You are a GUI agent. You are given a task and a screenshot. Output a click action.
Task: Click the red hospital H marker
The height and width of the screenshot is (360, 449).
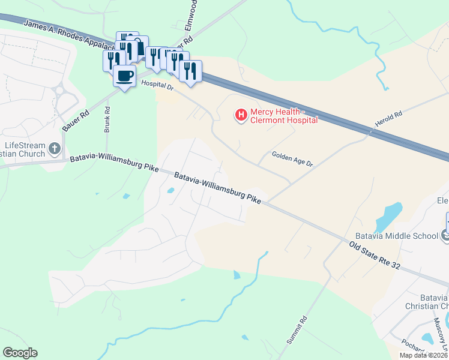241,114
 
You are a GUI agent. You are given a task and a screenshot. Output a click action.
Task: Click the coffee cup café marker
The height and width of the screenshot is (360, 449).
124,76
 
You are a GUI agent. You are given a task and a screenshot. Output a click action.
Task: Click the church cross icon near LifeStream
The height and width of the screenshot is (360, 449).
55,148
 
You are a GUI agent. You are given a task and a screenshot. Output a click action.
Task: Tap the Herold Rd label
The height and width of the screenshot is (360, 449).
388,117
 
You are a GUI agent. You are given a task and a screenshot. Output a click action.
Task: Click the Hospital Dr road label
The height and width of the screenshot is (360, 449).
157,86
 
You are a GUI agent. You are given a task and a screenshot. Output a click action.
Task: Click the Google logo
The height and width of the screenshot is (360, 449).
20,353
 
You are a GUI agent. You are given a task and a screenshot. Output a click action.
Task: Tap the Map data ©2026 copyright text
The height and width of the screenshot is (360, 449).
424,355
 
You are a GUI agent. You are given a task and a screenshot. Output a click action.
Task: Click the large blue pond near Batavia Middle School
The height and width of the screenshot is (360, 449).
388,216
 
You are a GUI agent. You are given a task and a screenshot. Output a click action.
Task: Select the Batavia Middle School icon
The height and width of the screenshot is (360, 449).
445,235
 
